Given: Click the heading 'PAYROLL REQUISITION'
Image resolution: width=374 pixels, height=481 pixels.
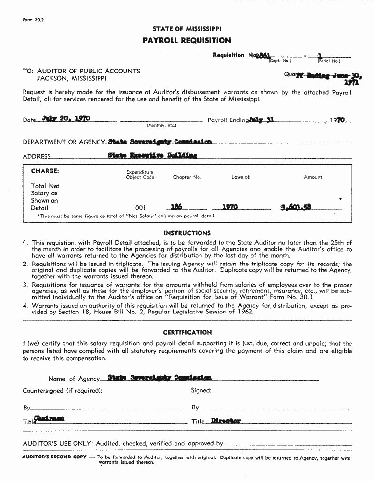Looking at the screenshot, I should (x=187, y=40).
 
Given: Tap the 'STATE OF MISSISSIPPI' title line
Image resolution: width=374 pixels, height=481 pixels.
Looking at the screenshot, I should (x=187, y=29).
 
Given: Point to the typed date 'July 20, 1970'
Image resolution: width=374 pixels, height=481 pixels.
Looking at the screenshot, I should (x=66, y=119).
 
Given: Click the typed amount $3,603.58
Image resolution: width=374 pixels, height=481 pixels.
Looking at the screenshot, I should (x=296, y=207).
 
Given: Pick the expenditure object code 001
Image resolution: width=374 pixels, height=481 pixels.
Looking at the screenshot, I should (x=140, y=208).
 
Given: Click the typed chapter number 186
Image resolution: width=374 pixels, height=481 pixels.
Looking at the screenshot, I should (x=176, y=207).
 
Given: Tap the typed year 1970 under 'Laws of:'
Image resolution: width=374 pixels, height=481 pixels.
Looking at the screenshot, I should (x=230, y=207).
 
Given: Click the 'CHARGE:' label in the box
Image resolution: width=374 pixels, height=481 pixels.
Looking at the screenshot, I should (x=45, y=171).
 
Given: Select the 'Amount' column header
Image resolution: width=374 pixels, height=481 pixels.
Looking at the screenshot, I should (x=313, y=177).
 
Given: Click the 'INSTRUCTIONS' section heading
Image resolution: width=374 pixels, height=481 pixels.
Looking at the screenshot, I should (x=187, y=233).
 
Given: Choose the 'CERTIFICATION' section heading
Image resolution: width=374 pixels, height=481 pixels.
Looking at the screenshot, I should (x=187, y=332).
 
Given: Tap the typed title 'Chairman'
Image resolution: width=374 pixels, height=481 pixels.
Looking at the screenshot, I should (x=49, y=419).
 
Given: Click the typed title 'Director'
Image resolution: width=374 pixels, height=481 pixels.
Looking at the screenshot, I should (x=226, y=421).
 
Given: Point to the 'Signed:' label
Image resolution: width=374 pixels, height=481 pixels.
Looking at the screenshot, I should (x=201, y=391).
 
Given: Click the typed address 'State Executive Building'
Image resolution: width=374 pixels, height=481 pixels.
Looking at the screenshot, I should (x=152, y=156).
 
